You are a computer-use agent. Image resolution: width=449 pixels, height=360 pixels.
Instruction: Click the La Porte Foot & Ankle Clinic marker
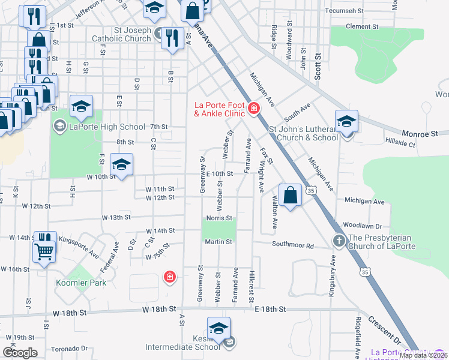coord(254,109)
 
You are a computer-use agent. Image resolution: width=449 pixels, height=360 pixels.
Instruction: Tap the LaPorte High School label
coord(107,127)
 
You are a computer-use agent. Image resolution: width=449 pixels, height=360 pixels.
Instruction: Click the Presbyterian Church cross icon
coord(339,241)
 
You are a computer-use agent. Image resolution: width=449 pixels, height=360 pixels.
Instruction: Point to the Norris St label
coord(219,218)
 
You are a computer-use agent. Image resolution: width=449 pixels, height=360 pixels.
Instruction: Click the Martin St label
coord(219,242)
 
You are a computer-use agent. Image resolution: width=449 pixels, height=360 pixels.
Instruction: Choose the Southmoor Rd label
coord(293,245)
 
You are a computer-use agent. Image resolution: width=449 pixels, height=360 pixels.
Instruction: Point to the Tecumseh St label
coord(345,11)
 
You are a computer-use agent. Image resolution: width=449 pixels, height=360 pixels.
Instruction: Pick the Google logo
coord(20,352)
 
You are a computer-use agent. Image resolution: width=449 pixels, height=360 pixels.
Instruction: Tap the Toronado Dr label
coord(69,349)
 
